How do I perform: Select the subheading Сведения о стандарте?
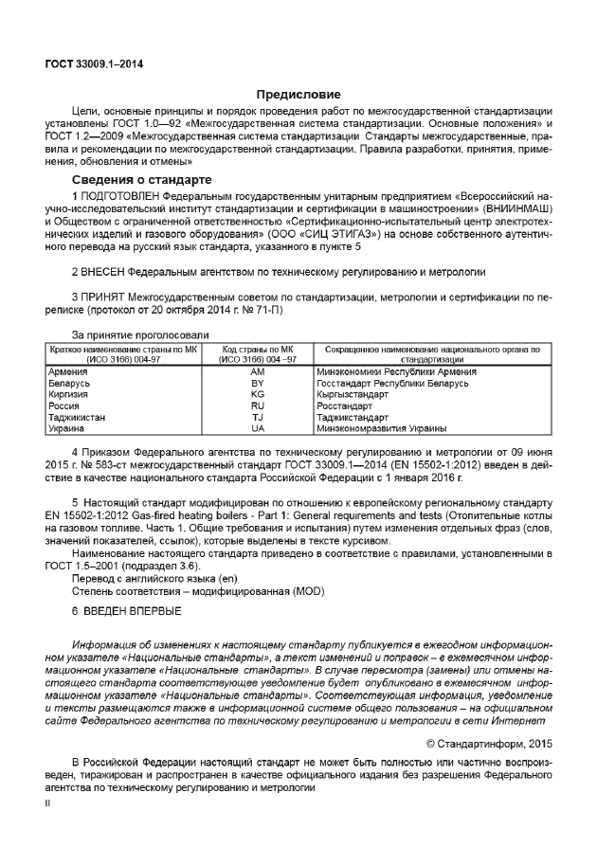[x=141, y=179]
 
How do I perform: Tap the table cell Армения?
[x=68, y=372]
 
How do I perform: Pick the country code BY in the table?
[x=257, y=384]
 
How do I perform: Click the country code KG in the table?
[x=257, y=394]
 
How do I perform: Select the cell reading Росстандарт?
[x=344, y=405]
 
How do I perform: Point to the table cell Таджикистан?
[x=77, y=417]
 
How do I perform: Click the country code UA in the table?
[x=257, y=428]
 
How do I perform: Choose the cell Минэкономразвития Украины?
[x=375, y=428]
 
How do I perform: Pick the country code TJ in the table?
[x=257, y=417]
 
